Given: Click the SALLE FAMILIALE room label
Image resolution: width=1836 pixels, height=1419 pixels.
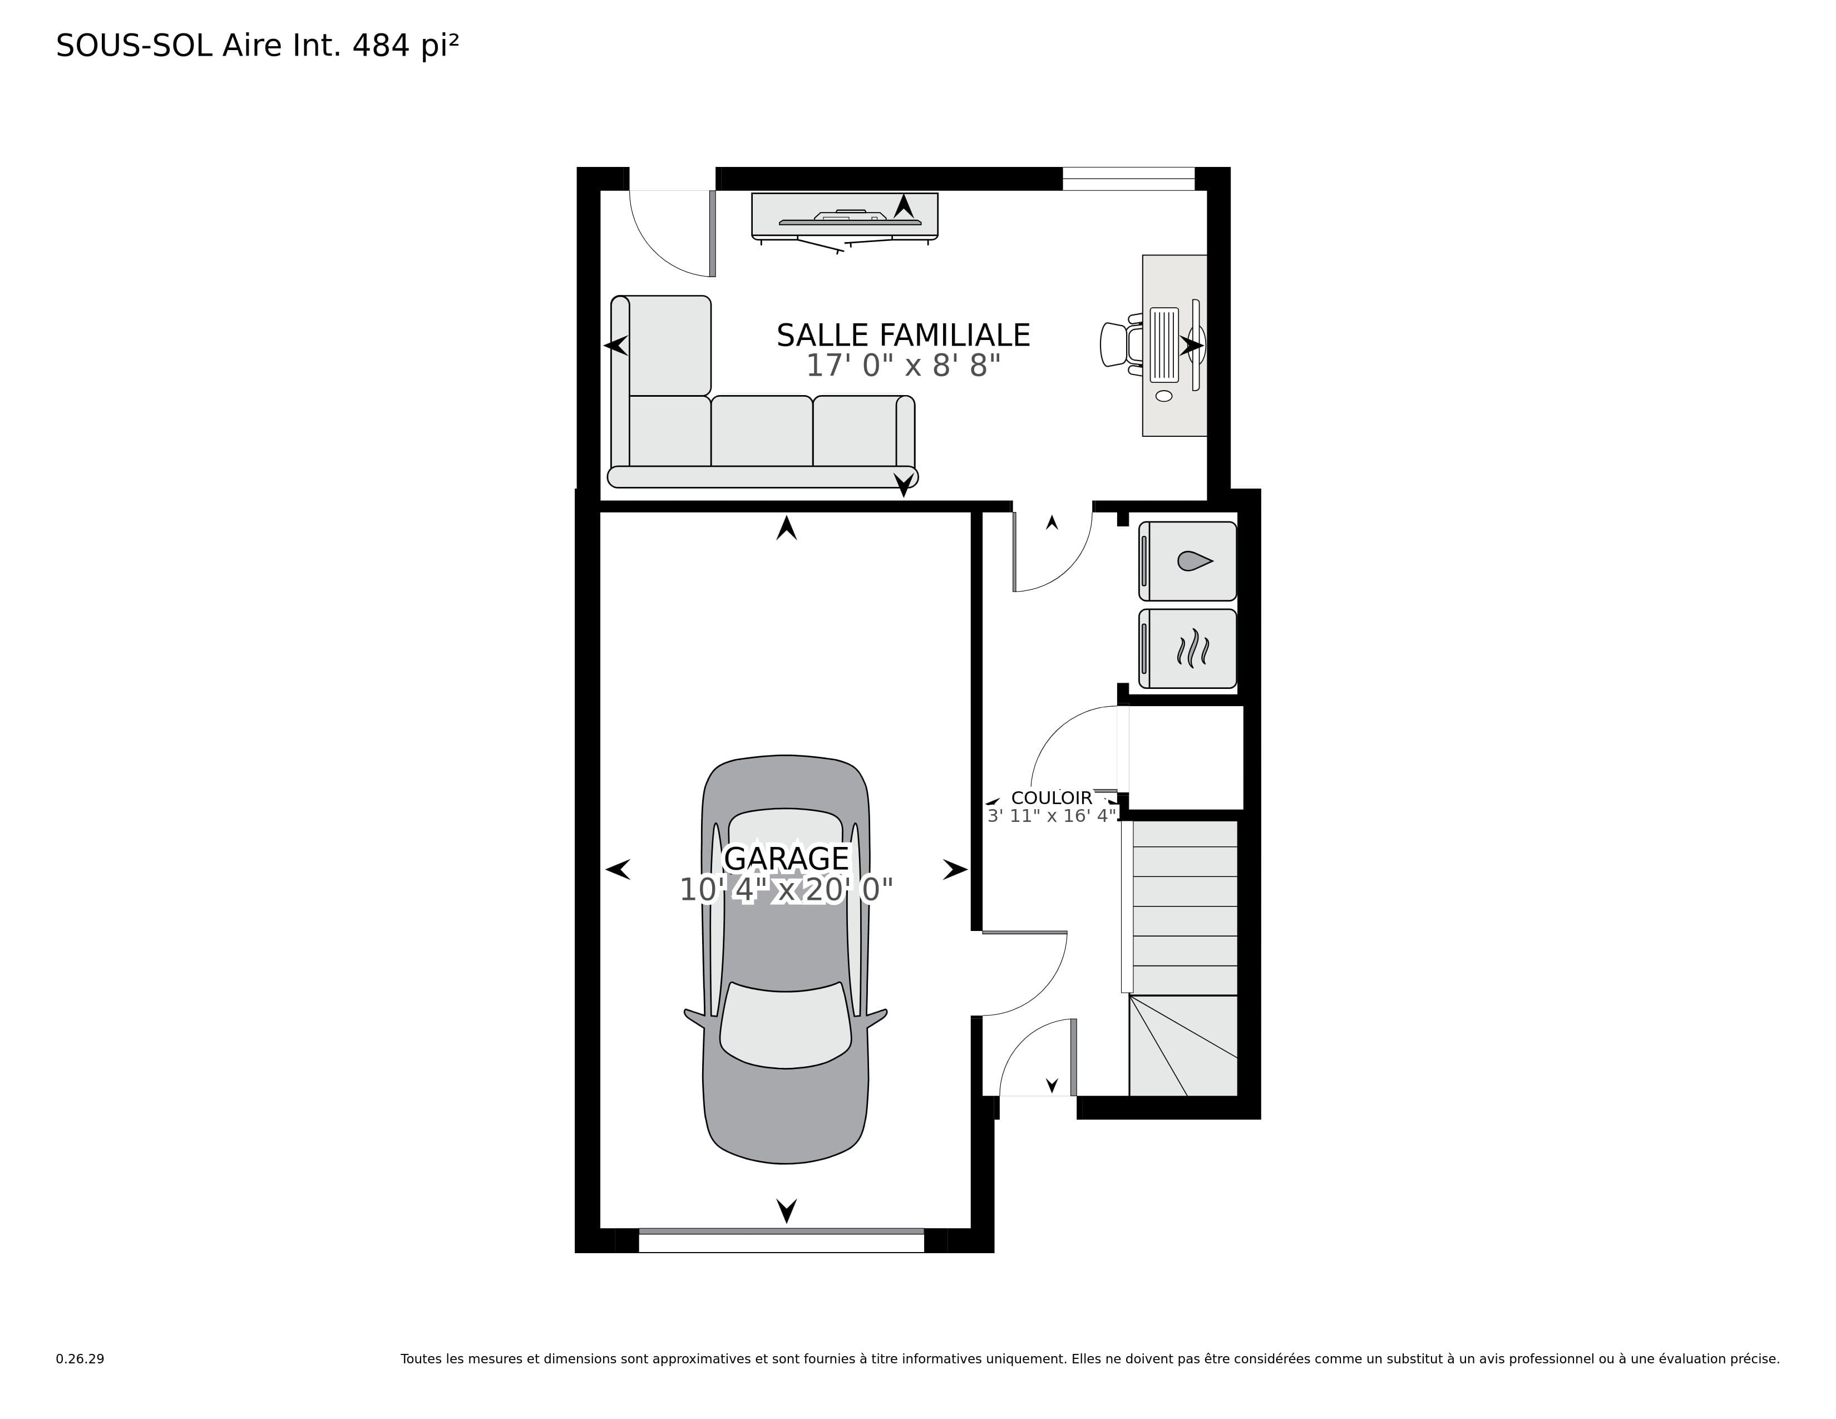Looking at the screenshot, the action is pyautogui.click(x=903, y=336).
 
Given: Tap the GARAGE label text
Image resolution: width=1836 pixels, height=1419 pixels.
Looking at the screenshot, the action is pyautogui.click(x=786, y=858).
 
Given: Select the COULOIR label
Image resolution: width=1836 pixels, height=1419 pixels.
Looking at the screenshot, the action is pyautogui.click(x=1052, y=798).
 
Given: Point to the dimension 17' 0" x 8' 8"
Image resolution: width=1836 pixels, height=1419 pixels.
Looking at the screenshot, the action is pyautogui.click(x=904, y=366).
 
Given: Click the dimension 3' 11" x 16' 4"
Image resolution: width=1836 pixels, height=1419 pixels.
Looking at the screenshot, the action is pyautogui.click(x=1052, y=815).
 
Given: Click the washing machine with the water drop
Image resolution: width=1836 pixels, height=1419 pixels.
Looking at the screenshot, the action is pyautogui.click(x=1187, y=561).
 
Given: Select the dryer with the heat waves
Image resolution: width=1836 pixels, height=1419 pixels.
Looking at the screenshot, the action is pyautogui.click(x=1187, y=649).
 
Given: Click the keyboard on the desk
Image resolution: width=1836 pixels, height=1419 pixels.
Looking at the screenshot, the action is pyautogui.click(x=1164, y=344).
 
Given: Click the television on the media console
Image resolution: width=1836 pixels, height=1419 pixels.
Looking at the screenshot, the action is pyautogui.click(x=850, y=219).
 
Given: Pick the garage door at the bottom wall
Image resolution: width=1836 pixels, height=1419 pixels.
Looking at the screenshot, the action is pyautogui.click(x=781, y=1241).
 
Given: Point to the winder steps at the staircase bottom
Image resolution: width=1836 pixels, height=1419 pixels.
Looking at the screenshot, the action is pyautogui.click(x=1183, y=1046).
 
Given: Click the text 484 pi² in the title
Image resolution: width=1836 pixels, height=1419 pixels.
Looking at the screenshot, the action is pyautogui.click(x=405, y=46).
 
